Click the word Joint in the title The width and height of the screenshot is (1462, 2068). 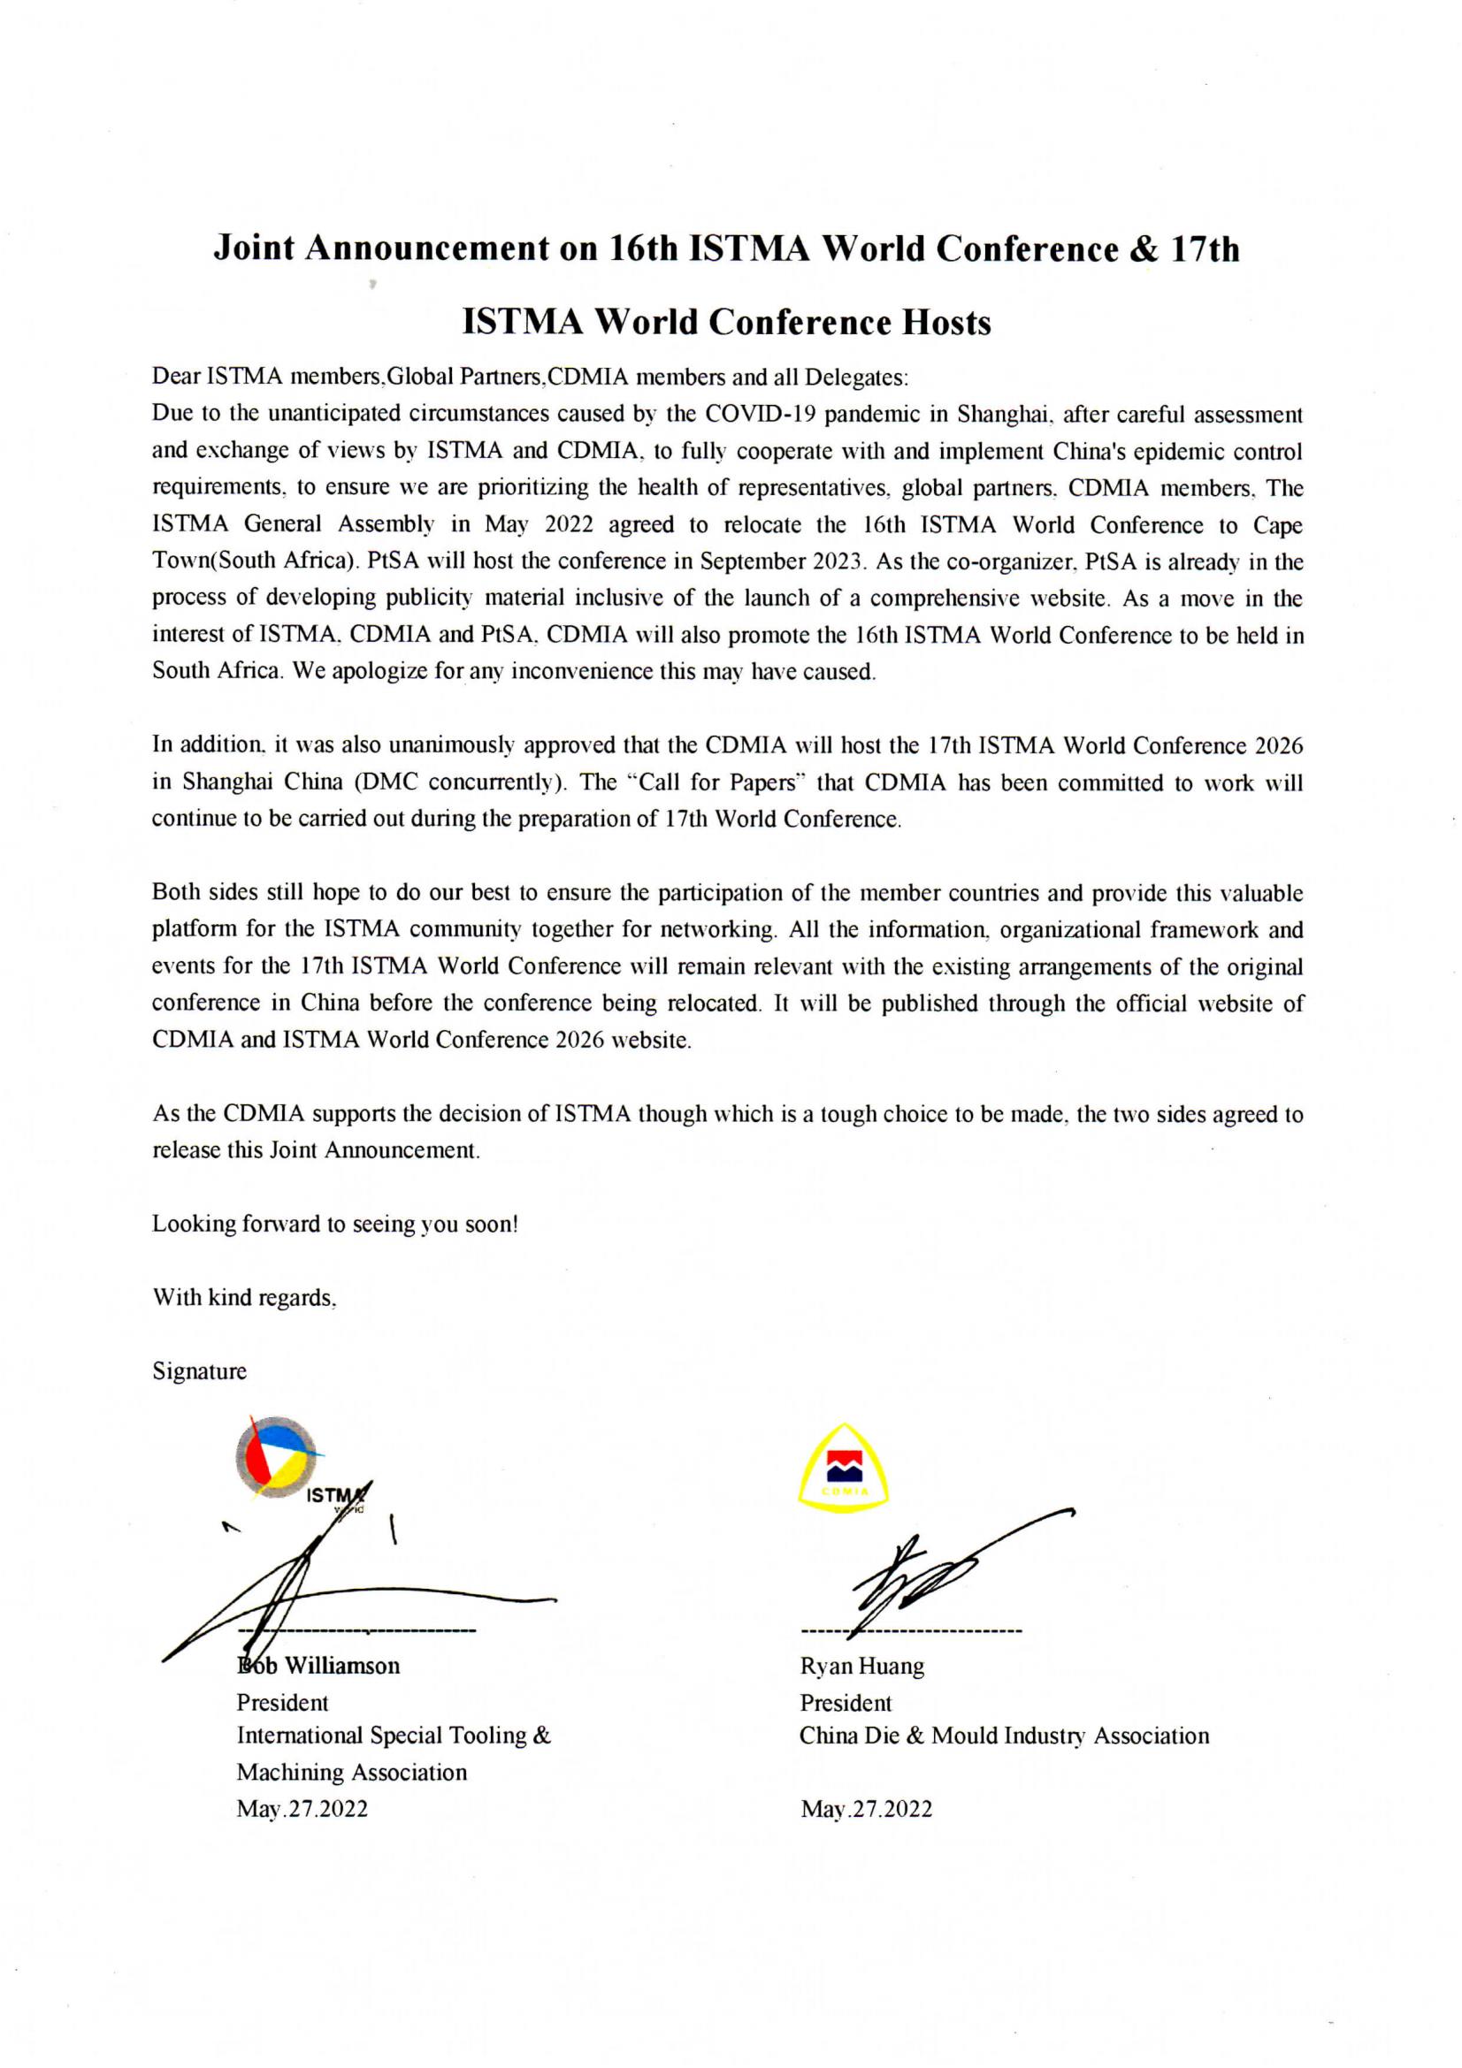click(254, 249)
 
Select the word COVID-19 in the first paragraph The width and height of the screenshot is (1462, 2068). click(760, 415)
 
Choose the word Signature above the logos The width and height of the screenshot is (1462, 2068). click(199, 1372)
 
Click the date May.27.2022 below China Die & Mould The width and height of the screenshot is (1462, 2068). click(867, 1810)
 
